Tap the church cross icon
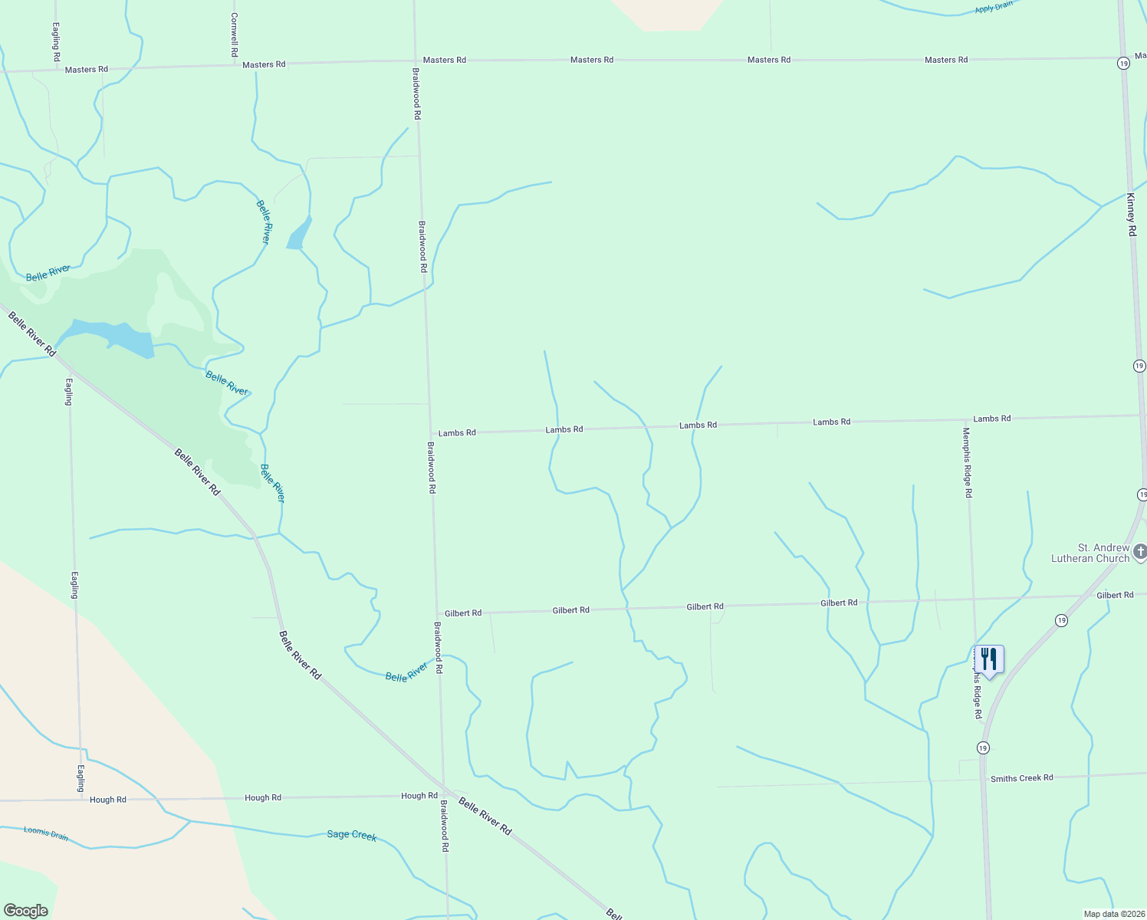pyautogui.click(x=1140, y=551)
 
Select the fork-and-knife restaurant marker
pyautogui.click(x=988, y=659)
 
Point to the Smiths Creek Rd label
pyautogui.click(x=1021, y=778)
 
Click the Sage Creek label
pyautogui.click(x=351, y=835)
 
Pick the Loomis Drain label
pyautogui.click(x=46, y=833)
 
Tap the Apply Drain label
pyautogui.click(x=994, y=8)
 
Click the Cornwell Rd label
pyautogui.click(x=235, y=34)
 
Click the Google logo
pyautogui.click(x=25, y=911)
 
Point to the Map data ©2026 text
pyautogui.click(x=1113, y=914)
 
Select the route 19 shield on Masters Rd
pyautogui.click(x=1123, y=64)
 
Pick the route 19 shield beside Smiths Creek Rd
pyautogui.click(x=983, y=747)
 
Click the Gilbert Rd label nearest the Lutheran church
pyautogui.click(x=1114, y=595)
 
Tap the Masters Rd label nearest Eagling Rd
pyautogui.click(x=87, y=70)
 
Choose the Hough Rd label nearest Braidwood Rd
pyautogui.click(x=419, y=796)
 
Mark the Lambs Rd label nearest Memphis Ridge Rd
pyautogui.click(x=991, y=419)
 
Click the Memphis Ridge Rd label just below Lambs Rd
pyautogui.click(x=968, y=462)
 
